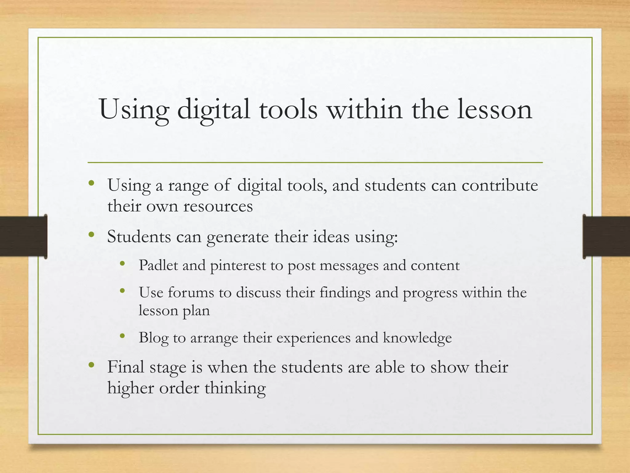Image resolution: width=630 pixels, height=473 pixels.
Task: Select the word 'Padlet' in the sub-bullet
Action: click(158, 265)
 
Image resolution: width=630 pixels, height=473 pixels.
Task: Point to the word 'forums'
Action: click(191, 292)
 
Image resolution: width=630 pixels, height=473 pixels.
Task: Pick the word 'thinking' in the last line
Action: click(235, 388)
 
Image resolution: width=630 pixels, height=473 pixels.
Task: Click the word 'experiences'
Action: click(313, 338)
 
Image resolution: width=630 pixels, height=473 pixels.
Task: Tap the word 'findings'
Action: click(345, 293)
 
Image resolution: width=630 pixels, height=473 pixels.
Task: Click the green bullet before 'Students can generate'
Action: click(91, 235)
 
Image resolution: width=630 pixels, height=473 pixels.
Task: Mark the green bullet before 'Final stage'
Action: click(91, 365)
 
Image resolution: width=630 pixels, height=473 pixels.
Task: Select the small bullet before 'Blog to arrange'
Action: click(123, 336)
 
